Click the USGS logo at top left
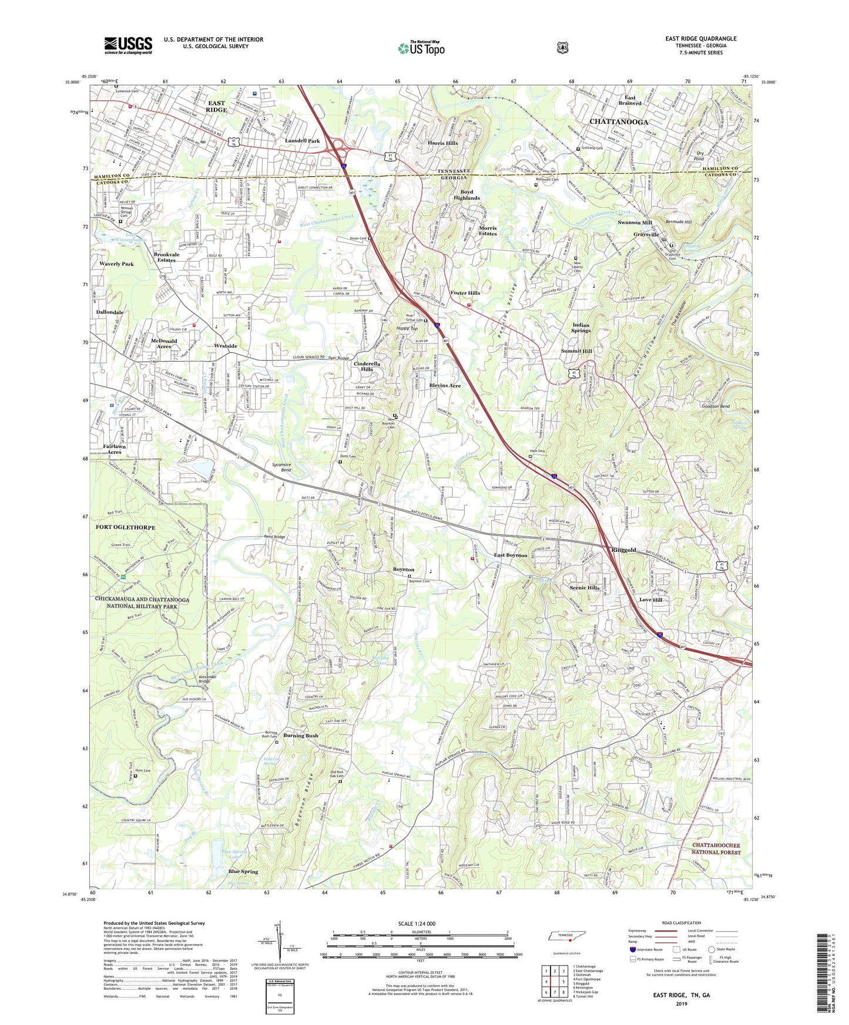pos(128,45)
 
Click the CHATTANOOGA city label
pos(618,122)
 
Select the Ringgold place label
pos(623,550)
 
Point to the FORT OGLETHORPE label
pos(125,528)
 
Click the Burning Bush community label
pos(301,736)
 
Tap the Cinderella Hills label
pos(367,366)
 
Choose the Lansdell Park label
pos(302,141)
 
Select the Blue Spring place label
pos(243,872)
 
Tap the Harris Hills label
pos(442,143)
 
